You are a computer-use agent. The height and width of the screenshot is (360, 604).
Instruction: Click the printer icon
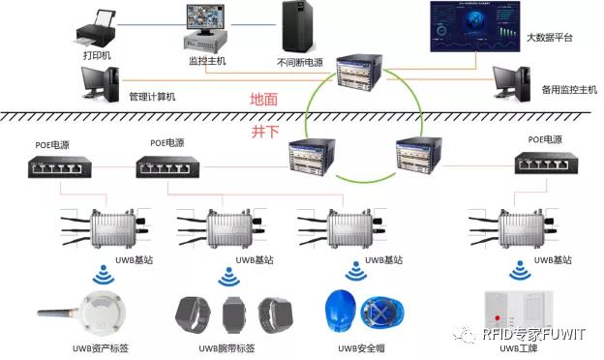(x=97, y=24)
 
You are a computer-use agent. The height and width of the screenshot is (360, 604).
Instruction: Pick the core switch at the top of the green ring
(x=362, y=74)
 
